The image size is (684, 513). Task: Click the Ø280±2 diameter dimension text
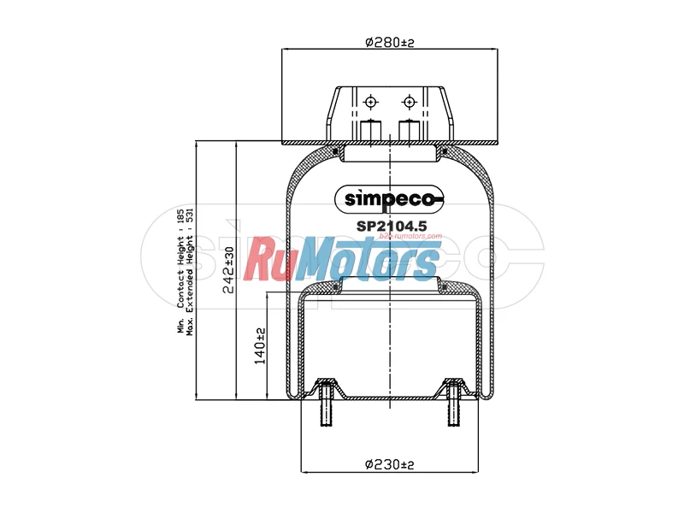pos(389,42)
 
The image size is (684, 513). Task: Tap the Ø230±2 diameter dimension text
pos(389,464)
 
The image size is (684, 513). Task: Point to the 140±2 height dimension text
pos(260,346)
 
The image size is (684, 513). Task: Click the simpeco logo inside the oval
pos(389,199)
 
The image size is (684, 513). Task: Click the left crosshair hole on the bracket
pos(370,103)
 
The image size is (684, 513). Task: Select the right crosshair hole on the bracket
pos(409,103)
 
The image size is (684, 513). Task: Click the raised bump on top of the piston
pos(389,285)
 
